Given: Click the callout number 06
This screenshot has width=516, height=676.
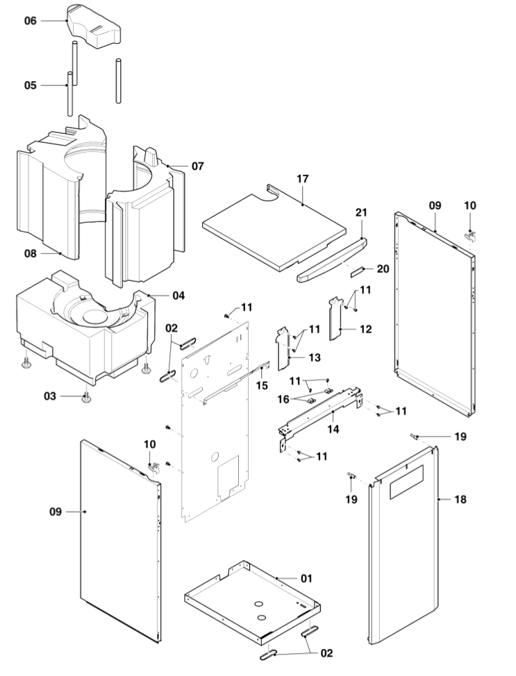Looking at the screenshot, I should point(30,21).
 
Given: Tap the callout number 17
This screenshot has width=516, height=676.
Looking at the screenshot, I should point(302,179).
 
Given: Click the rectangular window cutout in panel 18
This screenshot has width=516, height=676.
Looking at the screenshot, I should point(405,481).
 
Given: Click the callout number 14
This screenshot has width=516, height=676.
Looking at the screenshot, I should point(333,430).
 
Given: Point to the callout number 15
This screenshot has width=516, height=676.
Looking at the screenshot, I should point(262,385).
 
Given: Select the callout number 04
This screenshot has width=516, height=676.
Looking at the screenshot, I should point(178,296).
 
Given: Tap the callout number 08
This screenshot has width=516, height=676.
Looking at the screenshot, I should point(30,253).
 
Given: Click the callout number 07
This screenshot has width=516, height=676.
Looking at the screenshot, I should point(198,167).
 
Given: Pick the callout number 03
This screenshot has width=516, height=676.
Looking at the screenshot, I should point(49,396).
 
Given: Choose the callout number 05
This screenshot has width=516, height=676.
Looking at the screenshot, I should point(30,85).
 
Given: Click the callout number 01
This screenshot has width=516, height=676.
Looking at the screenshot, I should point(306,577).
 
